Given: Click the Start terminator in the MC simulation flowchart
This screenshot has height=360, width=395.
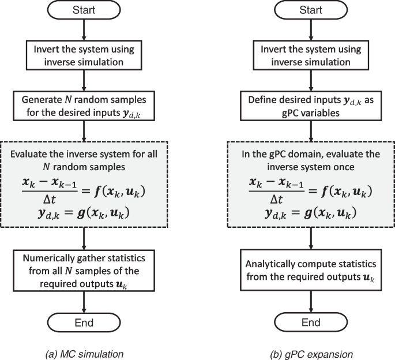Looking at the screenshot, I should click(x=85, y=11).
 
